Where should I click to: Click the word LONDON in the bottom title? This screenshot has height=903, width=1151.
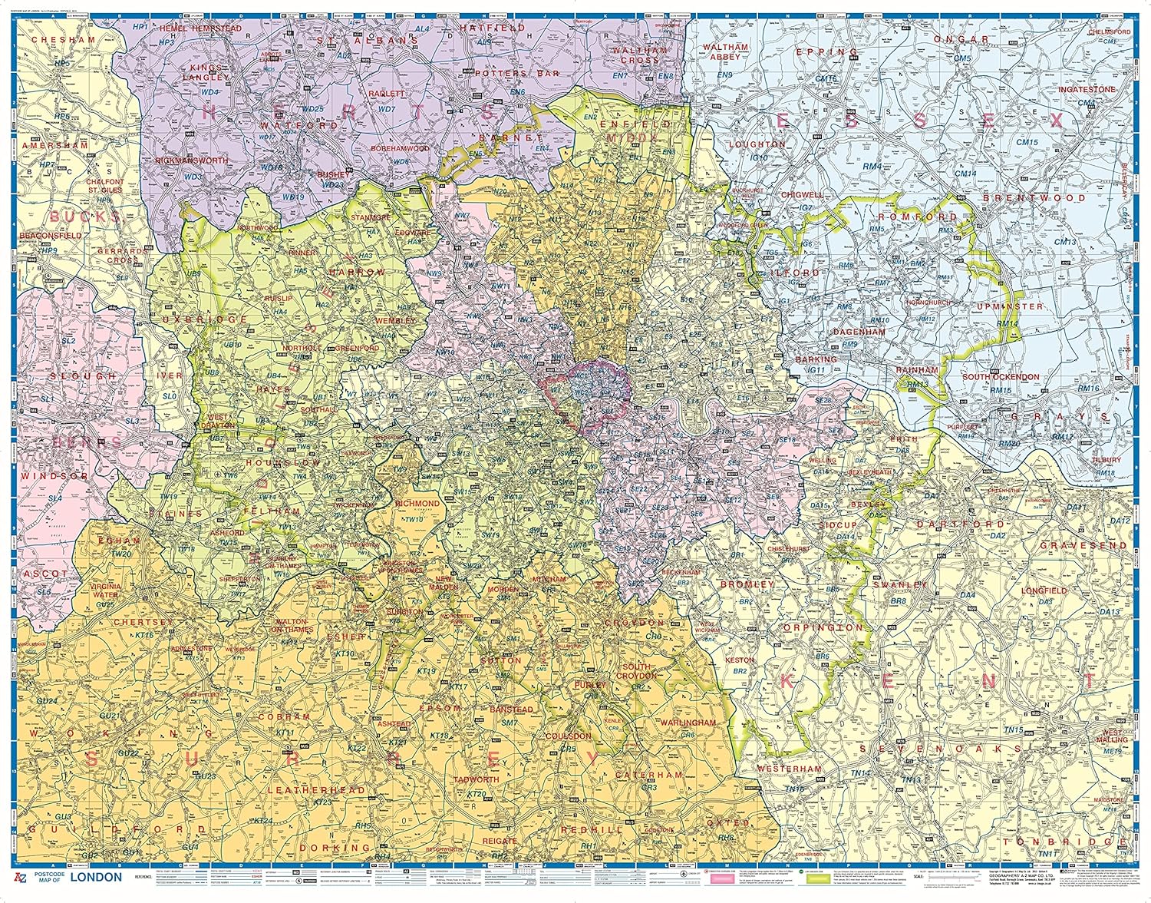95,876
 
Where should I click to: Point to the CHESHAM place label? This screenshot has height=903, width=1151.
64,40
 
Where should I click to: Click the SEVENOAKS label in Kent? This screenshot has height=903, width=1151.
940,748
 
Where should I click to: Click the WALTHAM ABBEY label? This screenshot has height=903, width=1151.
725,51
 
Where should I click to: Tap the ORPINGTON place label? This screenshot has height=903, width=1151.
823,627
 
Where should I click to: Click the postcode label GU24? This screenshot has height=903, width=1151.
48,701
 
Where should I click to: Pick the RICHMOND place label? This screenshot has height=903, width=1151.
417,504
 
